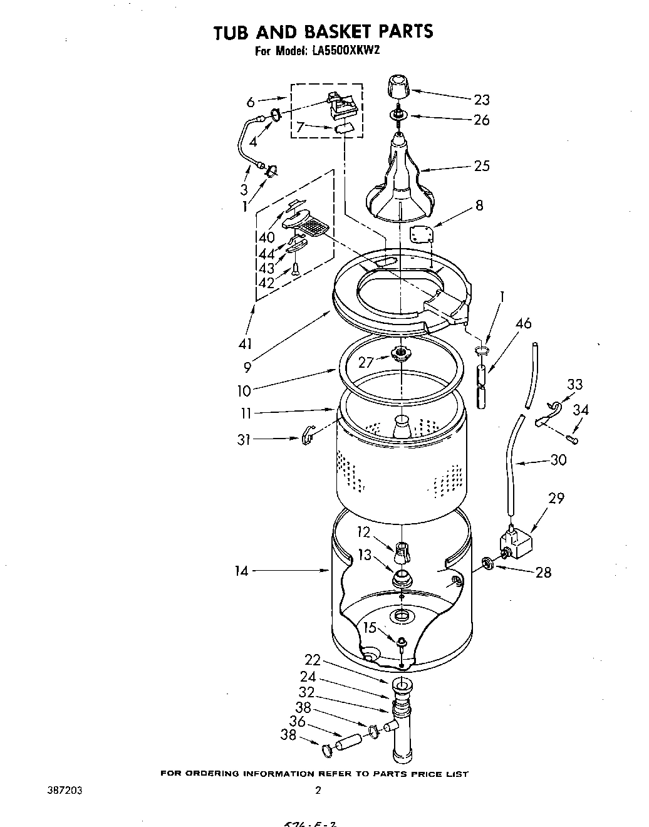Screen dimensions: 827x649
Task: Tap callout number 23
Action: coord(481,100)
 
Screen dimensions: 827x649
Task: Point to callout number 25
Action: coord(481,166)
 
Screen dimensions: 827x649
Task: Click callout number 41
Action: coord(245,343)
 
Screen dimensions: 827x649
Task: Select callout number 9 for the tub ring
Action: coord(247,368)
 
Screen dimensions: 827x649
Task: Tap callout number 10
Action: coord(244,391)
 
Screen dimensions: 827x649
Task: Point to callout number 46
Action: coord(523,323)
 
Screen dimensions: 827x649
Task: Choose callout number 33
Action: coord(574,384)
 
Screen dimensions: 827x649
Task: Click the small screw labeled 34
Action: coord(573,439)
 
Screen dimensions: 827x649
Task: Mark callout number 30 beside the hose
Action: coord(558,460)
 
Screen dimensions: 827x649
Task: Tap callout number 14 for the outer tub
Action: coord(242,571)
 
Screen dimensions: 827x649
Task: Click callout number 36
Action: coord(297,722)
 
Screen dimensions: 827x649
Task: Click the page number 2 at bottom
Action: coord(318,791)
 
